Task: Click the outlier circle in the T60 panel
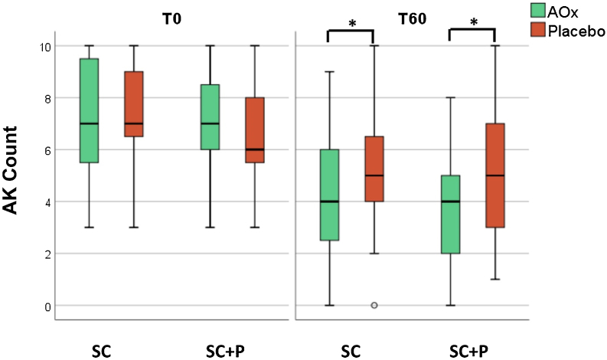coord(374,305)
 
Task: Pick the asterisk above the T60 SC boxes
coord(351,23)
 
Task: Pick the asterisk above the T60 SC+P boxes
coord(472,23)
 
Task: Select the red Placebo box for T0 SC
coord(135,104)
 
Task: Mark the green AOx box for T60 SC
coord(329,195)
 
